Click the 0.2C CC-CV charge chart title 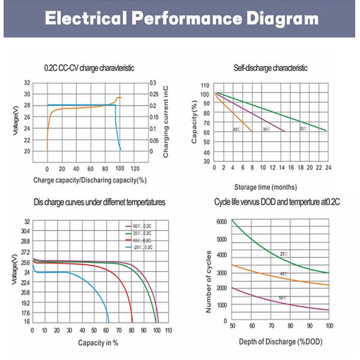[89, 68]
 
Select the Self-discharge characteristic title [270, 68]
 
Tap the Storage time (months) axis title [269, 187]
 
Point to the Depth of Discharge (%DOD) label [280, 341]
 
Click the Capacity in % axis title [98, 343]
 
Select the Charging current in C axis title [166, 122]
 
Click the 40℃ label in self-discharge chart [237, 129]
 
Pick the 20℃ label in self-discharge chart [303, 129]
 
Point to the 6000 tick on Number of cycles [221, 221]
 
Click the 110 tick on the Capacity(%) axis [206, 85]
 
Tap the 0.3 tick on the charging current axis [154, 83]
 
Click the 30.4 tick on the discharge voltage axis [24, 231]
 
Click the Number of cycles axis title [208, 282]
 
